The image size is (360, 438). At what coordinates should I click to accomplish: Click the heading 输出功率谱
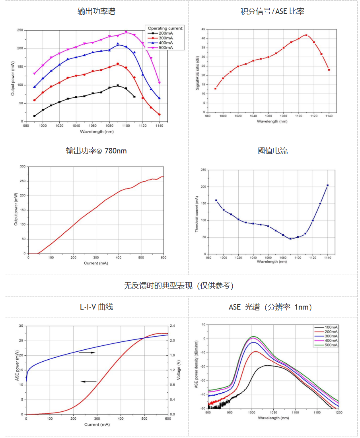tap(96, 11)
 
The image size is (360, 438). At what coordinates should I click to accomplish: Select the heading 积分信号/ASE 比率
tap(272, 11)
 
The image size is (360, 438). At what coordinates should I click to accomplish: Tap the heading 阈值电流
tap(272, 151)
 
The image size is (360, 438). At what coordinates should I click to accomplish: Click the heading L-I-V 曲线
tap(96, 307)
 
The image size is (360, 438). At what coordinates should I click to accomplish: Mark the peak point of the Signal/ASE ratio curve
tap(306, 35)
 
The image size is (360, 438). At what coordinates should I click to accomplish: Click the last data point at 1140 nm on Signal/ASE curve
tap(329, 70)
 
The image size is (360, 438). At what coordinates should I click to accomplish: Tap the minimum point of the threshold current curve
tap(290, 239)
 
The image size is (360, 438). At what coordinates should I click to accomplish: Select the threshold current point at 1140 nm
tap(327, 185)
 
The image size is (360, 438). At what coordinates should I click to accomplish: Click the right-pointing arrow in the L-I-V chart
tap(87, 353)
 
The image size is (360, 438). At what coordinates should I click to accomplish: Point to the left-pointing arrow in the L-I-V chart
tap(89, 382)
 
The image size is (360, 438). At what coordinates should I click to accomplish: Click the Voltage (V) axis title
tap(179, 370)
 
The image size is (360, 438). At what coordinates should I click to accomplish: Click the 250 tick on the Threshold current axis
tap(203, 170)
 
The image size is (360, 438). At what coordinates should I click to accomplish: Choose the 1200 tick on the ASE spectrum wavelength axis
tap(338, 413)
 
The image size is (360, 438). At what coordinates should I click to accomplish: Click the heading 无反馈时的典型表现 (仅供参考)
tap(179, 285)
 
